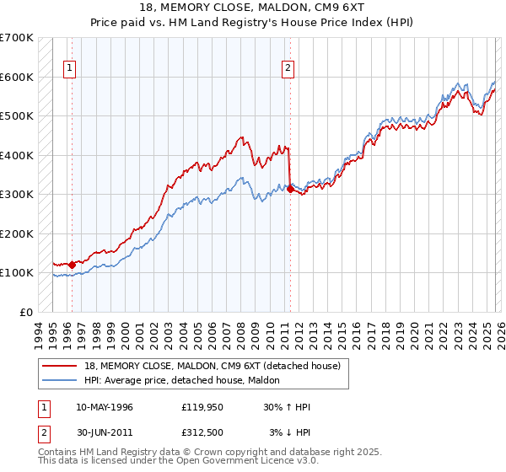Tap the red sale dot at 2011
point(290,190)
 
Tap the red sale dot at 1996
point(72,265)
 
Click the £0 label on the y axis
point(25,312)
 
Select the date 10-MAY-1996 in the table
point(105,407)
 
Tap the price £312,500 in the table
point(202,432)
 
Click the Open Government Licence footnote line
point(179,463)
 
